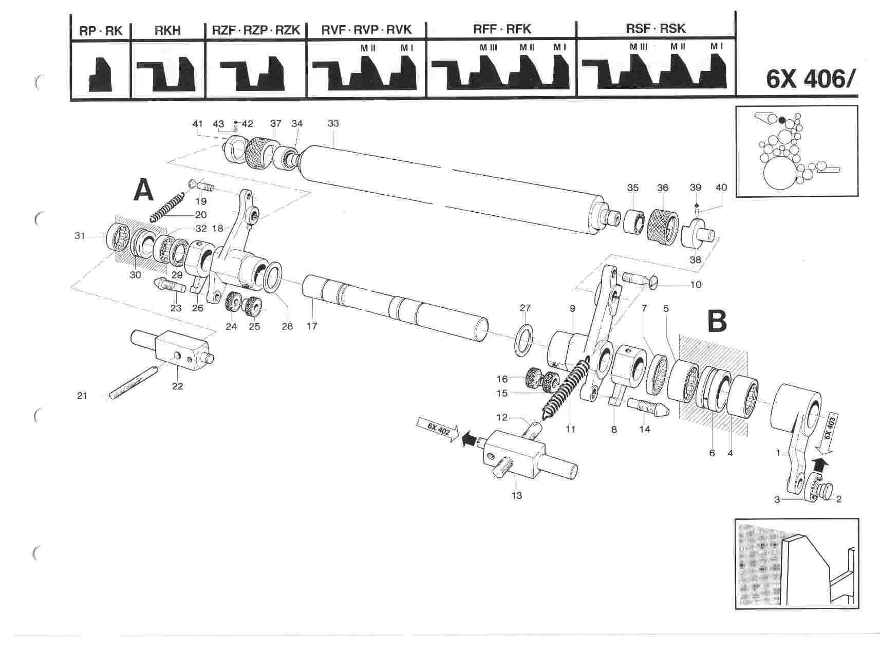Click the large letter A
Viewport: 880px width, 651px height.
click(143, 191)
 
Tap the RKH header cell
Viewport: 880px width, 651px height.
click(168, 30)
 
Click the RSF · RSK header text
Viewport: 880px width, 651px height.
click(656, 29)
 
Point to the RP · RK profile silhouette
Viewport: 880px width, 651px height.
click(100, 74)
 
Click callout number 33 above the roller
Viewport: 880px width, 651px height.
click(333, 123)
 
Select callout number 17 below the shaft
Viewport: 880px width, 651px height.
click(312, 326)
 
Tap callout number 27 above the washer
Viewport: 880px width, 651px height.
click(525, 308)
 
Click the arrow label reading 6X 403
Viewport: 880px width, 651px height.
click(830, 426)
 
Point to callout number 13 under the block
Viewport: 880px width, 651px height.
click(517, 495)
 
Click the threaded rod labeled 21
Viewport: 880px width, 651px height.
click(134, 381)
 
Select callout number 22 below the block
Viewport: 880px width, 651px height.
click(177, 386)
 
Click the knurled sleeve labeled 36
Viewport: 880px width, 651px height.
click(663, 224)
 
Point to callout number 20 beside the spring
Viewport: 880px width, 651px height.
click(200, 214)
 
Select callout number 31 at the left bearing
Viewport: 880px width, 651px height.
click(79, 236)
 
